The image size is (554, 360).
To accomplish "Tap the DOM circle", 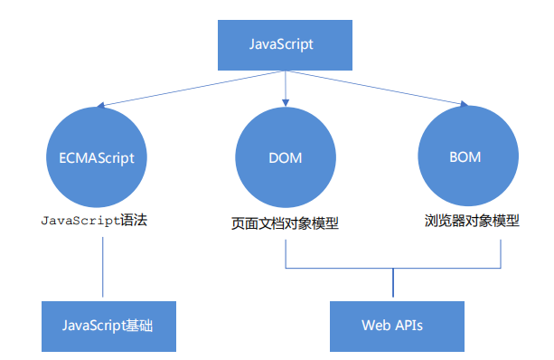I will (285, 158).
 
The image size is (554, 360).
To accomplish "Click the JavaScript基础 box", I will (108, 325).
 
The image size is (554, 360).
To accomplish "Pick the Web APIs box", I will (392, 325).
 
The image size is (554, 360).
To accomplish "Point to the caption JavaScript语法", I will (94, 220).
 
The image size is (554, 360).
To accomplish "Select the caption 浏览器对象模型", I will (473, 220).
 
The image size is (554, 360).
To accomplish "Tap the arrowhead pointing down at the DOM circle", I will (285, 100).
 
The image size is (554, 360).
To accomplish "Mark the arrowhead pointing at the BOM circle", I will (464, 105).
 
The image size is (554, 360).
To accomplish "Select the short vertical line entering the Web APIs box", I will (392, 284).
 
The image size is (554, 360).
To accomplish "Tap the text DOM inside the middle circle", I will (285, 158).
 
